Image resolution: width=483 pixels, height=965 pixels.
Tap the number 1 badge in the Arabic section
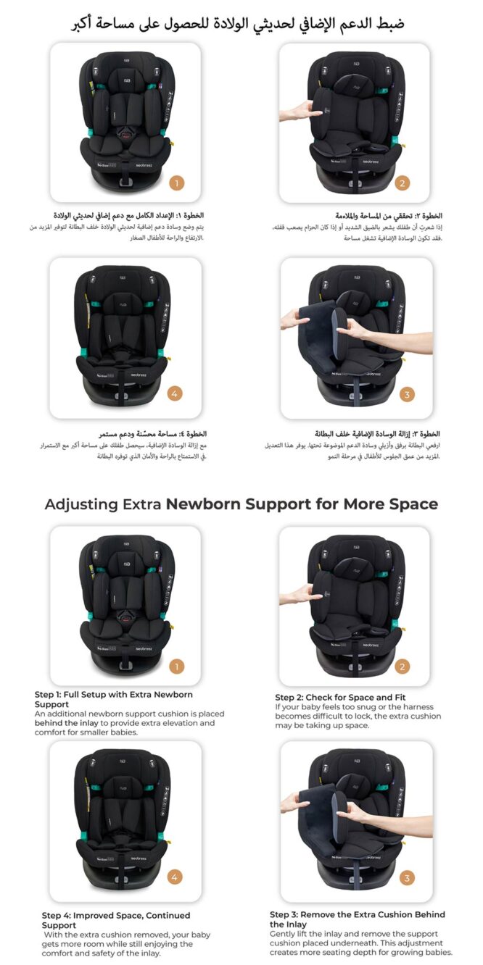point(177,183)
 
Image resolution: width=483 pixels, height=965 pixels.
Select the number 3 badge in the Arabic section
point(408,395)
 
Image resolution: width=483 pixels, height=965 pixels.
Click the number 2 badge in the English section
point(402,666)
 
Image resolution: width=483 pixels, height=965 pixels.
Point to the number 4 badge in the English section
point(175,877)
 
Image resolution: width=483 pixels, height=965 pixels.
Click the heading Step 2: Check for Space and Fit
point(340,697)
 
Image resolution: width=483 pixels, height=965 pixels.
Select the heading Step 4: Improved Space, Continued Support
point(116,920)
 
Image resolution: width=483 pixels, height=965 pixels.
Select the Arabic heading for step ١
point(128,216)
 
